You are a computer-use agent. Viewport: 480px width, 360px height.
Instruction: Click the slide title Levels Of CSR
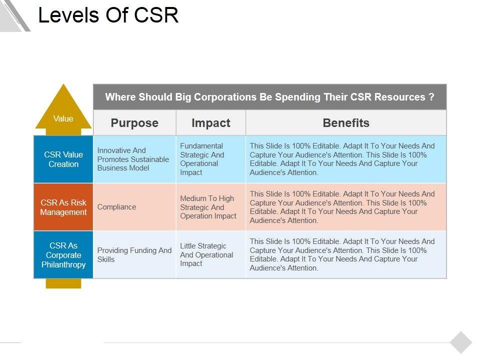[x=108, y=15]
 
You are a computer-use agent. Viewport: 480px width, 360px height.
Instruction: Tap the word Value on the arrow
[x=63, y=118]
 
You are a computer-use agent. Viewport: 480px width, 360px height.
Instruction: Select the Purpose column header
[x=134, y=123]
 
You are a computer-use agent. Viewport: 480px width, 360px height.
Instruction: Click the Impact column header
[x=211, y=123]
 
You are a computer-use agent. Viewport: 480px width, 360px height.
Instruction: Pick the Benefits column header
[x=346, y=123]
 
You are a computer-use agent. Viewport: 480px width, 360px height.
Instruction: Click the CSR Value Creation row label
[x=63, y=159]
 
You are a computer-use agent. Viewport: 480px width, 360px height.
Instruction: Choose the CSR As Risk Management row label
[x=63, y=207]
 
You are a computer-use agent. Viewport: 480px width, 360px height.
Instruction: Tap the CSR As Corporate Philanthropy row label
[x=63, y=255]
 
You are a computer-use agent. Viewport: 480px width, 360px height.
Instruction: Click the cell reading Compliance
[x=116, y=207]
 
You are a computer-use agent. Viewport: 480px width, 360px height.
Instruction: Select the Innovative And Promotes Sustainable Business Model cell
[x=133, y=159]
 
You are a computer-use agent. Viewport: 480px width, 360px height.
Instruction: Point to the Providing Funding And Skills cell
[x=134, y=255]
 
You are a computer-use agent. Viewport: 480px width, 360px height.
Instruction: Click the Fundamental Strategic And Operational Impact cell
[x=202, y=159]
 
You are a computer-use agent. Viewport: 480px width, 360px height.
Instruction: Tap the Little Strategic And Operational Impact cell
[x=206, y=255]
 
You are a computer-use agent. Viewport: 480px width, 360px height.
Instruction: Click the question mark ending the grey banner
[x=431, y=97]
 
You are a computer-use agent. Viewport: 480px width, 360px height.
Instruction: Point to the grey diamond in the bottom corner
[x=461, y=342]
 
